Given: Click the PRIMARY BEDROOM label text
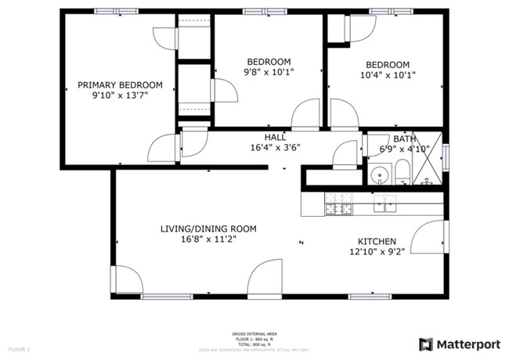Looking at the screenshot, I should [119, 85].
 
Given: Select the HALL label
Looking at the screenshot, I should [274, 137].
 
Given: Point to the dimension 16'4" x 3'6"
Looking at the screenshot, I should [275, 147].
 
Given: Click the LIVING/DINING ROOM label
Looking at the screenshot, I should [208, 229].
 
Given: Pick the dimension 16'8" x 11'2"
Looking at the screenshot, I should [208, 239].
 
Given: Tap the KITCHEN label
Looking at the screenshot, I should [377, 241].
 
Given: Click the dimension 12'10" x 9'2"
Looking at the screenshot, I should [377, 252].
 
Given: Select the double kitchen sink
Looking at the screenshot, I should [384, 203].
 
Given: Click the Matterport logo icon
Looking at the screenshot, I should [425, 344].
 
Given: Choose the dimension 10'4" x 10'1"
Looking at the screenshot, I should [387, 75].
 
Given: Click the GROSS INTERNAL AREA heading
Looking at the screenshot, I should [253, 334].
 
